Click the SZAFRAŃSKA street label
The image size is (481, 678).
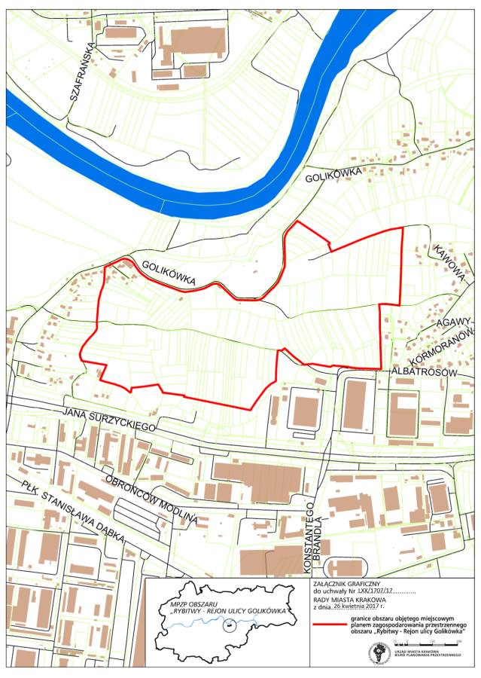[82, 78]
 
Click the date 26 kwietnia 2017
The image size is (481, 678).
[353, 605]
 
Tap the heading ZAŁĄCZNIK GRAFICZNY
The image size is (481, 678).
[347, 583]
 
